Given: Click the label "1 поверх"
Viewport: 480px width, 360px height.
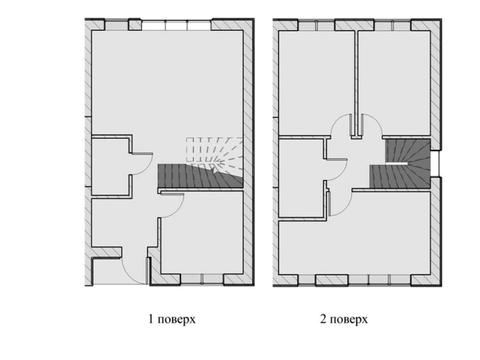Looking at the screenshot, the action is tap(172, 319).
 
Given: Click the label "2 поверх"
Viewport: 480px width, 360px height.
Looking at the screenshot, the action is tap(344, 319).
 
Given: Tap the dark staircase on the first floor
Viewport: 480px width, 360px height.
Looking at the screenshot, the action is tap(200, 176).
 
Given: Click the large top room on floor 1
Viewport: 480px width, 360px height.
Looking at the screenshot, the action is tap(167, 83).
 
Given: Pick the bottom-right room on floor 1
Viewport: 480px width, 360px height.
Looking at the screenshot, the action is tap(203, 233).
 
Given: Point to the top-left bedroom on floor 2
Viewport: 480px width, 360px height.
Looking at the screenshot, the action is tap(315, 83).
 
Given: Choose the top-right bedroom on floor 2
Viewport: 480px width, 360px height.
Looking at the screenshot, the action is tap(394, 83).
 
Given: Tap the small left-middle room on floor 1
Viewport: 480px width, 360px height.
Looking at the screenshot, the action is tap(110, 167).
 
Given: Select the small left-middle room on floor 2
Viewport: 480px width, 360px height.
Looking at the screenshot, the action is tap(301, 178).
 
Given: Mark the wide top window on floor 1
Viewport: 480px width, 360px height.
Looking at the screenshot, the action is tap(176, 25).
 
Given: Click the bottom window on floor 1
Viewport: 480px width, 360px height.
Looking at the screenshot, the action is tap(202, 279).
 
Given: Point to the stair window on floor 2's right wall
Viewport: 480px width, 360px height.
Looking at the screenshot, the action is tap(436, 164).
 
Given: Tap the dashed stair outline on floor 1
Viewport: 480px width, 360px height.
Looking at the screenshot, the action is tap(214, 152).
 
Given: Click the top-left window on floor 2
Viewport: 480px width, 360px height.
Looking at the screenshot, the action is tap(316, 25).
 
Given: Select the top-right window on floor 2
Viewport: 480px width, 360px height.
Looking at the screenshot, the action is tap(393, 25).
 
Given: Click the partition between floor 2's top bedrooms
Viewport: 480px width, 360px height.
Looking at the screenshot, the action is tap(356, 83).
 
